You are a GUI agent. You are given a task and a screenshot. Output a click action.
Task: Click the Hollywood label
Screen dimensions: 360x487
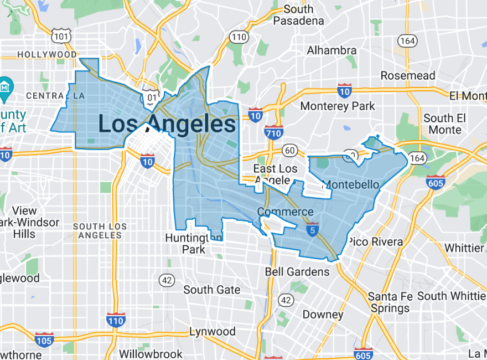47,54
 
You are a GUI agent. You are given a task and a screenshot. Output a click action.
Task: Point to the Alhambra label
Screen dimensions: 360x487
332,50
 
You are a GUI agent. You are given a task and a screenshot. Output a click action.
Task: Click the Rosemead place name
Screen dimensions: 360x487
408,75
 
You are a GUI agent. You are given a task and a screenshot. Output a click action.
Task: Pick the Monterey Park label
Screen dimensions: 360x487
338,106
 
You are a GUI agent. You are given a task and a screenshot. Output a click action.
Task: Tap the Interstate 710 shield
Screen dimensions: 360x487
274,132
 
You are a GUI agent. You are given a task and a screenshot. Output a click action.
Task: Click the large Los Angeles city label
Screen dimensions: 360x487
167,124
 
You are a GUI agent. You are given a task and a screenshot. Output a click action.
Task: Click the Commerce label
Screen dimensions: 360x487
285,212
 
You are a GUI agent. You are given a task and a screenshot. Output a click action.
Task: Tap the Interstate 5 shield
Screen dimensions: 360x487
313,229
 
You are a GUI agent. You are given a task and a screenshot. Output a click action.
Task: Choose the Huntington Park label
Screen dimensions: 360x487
194,243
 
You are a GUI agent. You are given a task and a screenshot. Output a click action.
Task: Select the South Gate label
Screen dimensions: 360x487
212,290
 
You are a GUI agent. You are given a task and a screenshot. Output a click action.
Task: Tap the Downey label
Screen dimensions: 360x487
323,315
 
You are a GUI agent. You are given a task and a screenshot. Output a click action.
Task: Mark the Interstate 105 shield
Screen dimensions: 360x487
44,339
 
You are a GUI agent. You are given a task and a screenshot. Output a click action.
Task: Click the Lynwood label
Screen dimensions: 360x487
213,332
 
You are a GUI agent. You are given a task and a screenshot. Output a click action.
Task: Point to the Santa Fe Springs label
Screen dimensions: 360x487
390,302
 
